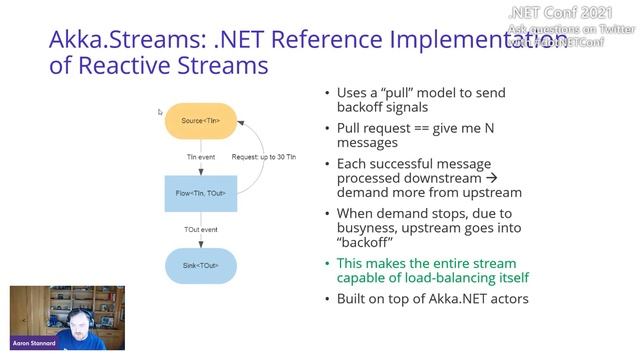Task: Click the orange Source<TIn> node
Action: coord(200,121)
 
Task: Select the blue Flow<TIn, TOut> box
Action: coord(200,193)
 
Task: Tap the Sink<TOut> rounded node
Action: coord(200,265)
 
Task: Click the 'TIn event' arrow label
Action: coord(201,157)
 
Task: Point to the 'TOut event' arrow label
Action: coord(201,229)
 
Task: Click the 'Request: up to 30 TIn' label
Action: coord(263,157)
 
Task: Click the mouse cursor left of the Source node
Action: coord(159,112)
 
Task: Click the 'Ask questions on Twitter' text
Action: coord(571,29)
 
